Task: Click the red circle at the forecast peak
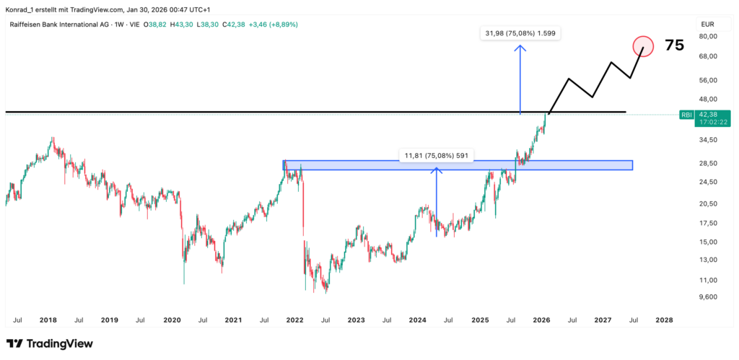(x=643, y=46)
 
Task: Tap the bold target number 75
(x=674, y=45)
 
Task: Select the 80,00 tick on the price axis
(x=708, y=36)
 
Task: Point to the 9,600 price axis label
(x=708, y=297)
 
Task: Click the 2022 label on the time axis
(x=294, y=319)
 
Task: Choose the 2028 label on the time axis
(x=664, y=319)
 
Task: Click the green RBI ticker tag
(x=686, y=114)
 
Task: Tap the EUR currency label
(x=707, y=24)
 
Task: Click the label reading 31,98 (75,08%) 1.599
(x=520, y=33)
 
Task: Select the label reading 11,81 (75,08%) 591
(x=437, y=155)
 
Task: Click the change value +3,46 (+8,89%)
(x=273, y=24)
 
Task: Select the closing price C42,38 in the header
(x=232, y=24)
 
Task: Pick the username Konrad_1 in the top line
(x=22, y=9)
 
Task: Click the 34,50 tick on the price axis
(x=708, y=140)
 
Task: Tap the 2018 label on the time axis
(x=48, y=319)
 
